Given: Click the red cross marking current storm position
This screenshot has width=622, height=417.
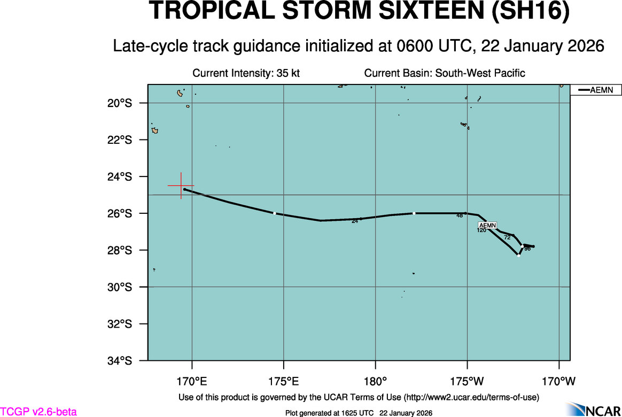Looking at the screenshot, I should (181, 186).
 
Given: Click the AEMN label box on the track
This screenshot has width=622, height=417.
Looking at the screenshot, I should (487, 225).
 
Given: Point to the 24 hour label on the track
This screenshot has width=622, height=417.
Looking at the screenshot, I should (354, 221).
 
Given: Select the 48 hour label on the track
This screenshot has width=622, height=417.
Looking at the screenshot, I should (460, 216).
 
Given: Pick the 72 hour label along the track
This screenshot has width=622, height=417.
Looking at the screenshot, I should (507, 237).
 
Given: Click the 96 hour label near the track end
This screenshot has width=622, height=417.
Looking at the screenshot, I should (527, 249).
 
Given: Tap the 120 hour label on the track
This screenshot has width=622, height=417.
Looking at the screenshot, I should (481, 230).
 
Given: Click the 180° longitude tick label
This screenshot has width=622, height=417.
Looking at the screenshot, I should (375, 381).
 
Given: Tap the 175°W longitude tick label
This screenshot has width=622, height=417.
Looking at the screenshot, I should (467, 381).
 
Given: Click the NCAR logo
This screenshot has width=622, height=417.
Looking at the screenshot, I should (593, 410).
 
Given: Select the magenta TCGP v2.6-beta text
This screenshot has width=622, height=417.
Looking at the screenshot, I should (38, 412).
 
